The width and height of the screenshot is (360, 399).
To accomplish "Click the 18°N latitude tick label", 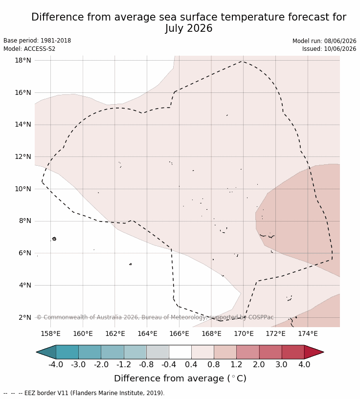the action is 23,60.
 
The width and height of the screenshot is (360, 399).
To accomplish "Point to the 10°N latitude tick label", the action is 23,189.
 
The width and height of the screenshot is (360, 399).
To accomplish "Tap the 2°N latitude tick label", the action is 25,317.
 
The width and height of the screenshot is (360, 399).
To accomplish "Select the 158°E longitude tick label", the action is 51,333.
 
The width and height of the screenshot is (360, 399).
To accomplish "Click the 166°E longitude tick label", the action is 179,333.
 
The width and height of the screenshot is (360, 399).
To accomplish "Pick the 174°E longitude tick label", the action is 308,333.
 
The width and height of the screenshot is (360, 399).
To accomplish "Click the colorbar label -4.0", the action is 56,364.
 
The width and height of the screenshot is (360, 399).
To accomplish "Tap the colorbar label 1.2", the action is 236,364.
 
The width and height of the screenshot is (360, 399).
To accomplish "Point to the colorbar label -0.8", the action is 146,364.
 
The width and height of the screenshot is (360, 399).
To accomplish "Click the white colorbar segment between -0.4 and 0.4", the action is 180,352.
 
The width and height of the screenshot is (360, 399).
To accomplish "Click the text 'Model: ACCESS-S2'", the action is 29,48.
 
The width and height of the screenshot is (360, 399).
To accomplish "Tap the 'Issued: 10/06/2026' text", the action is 329,48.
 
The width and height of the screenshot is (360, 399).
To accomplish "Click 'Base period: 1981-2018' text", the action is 37,41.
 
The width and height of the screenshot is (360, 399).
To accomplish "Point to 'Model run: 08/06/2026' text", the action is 324,41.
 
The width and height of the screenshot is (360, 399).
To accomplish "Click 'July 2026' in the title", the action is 189,28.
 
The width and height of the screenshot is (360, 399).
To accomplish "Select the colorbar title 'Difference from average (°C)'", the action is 180,378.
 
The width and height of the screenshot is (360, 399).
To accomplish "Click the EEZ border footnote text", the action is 84,393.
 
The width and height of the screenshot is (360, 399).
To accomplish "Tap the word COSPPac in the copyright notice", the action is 261,317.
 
